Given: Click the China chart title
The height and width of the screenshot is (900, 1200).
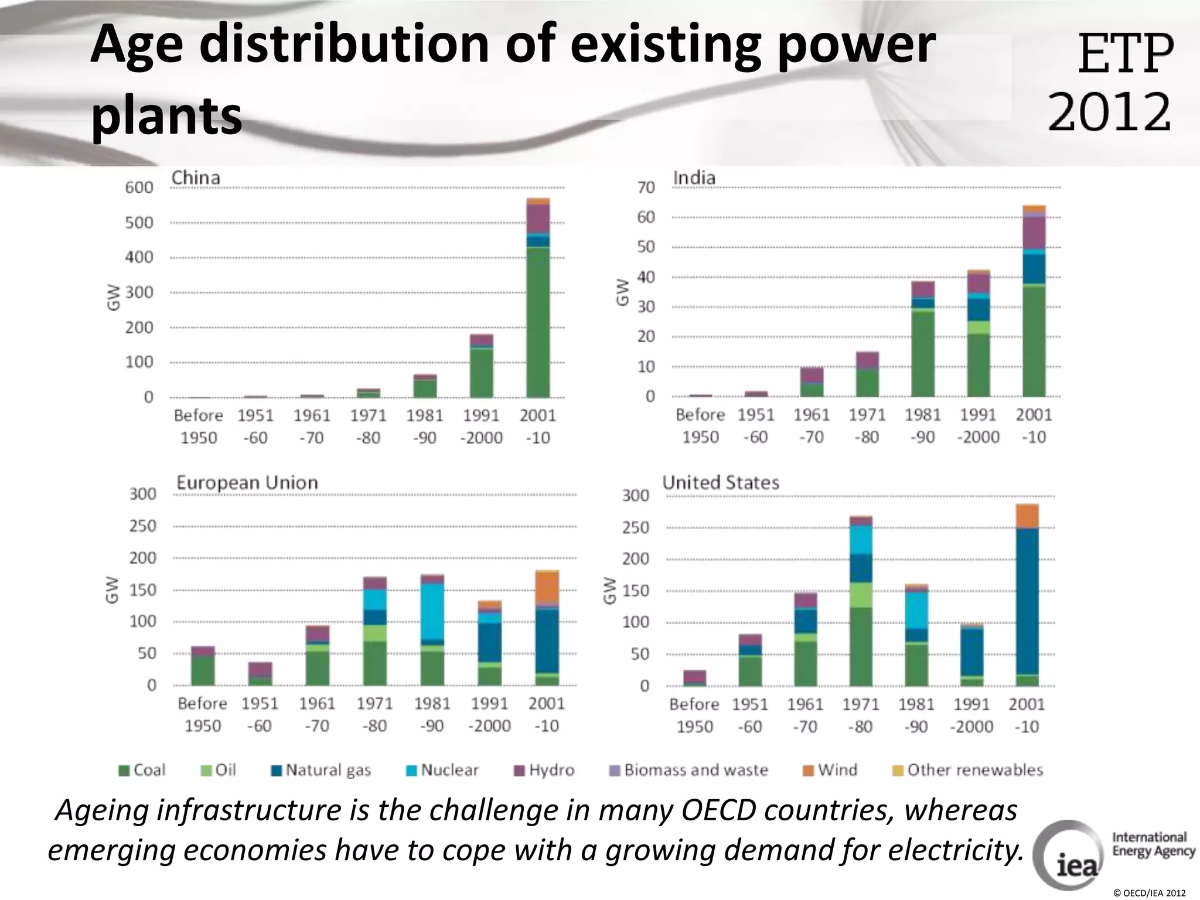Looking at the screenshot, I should [x=196, y=178].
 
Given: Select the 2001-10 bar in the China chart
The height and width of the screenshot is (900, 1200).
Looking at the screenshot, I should [x=538, y=299].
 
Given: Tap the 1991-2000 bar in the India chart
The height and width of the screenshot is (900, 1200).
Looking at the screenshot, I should [x=979, y=334].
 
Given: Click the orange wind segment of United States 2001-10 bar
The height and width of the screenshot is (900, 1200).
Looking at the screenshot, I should [x=1027, y=516].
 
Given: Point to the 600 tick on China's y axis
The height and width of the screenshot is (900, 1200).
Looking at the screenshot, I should [x=139, y=187].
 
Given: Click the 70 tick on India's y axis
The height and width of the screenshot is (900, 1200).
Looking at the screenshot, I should [x=646, y=187].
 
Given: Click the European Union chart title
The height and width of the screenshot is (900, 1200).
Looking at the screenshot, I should [x=247, y=483].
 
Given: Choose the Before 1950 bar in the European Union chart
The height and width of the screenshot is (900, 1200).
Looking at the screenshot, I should [x=203, y=666].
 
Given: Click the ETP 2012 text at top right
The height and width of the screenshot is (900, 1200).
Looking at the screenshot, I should [x=1110, y=82].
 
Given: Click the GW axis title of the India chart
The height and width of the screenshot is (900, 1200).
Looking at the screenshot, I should [x=622, y=292].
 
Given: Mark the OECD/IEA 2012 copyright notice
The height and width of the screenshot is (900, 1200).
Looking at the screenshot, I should [x=1148, y=893].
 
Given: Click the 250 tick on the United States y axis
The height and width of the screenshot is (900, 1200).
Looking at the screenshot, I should [x=636, y=528].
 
